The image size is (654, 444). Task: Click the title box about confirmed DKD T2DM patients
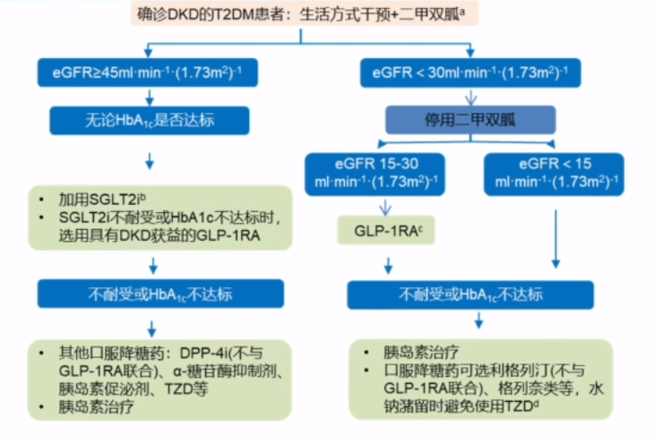[327, 15]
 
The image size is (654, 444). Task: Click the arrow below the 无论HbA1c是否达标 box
[150, 160]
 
